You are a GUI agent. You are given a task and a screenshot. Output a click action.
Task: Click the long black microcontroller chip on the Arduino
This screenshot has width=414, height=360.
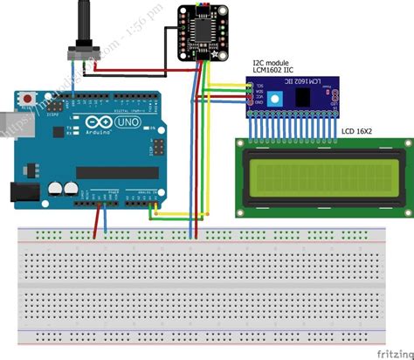(118, 172)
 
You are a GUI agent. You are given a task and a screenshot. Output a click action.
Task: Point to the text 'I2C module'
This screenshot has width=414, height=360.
(272, 63)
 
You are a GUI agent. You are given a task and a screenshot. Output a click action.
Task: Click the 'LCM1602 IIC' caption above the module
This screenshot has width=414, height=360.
(275, 73)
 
